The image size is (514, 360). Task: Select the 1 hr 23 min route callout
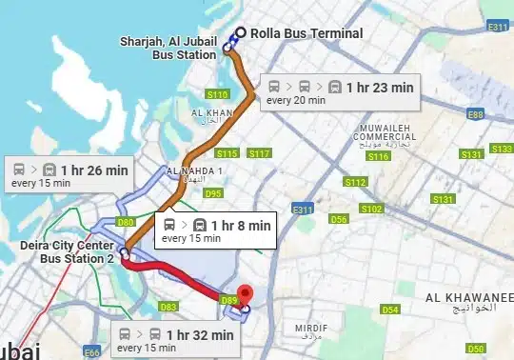[340, 91]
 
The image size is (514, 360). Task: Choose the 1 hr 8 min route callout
[216, 230]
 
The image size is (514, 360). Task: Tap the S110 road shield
[218, 94]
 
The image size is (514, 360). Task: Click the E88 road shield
[475, 114]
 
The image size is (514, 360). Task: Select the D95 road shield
[213, 193]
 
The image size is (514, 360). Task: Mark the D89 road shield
[228, 300]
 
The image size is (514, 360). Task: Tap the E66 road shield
[92, 353]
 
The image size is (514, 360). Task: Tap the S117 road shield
[259, 153]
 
